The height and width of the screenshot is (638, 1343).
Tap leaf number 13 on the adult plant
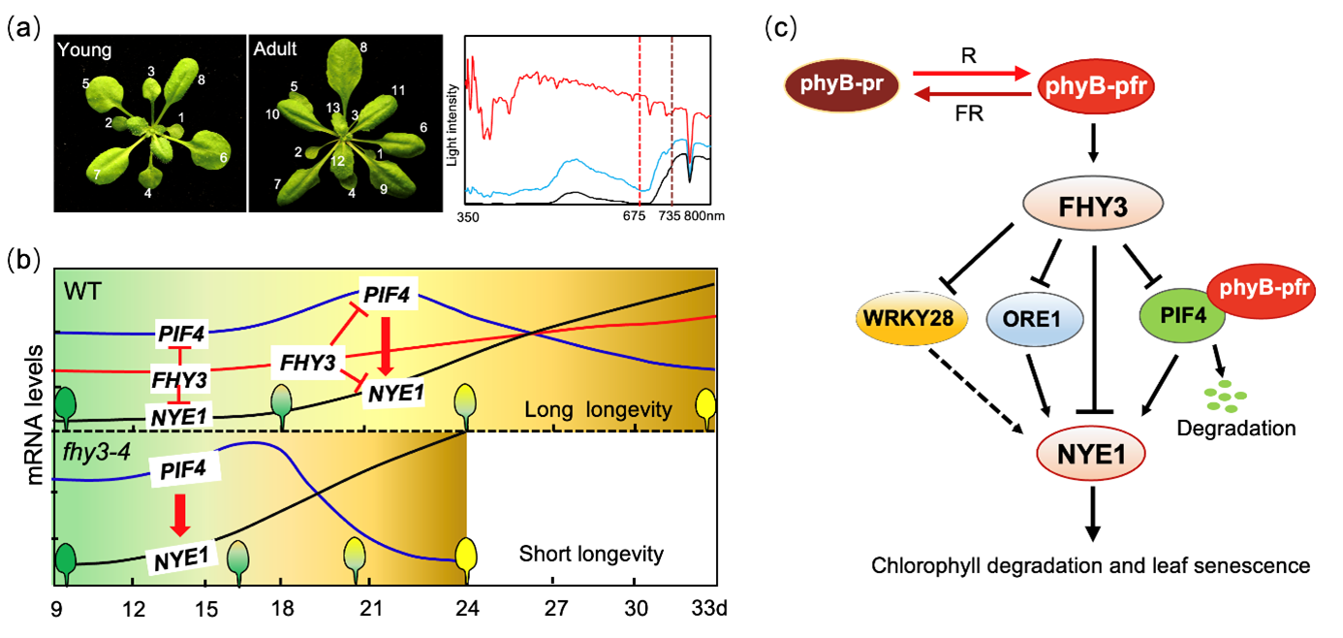tap(332, 108)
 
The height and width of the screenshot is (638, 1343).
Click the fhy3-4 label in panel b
tap(87, 451)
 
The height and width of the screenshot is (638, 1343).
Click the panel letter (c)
tap(783, 27)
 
